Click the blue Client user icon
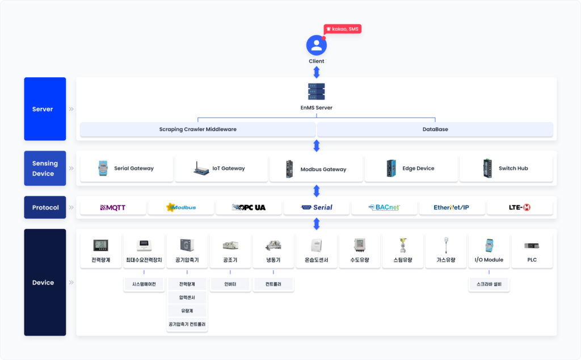(317, 45)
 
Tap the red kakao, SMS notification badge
(342, 29)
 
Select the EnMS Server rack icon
(317, 91)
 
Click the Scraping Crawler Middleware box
(198, 129)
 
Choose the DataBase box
(435, 129)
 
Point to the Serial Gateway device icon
(103, 168)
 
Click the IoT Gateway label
(229, 168)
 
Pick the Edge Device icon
(391, 168)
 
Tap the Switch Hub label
(513, 168)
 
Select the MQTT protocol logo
(113, 208)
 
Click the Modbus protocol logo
(181, 207)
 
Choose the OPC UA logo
(249, 207)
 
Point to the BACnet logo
(384, 207)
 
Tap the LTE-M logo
(520, 207)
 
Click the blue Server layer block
(45, 109)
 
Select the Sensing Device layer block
(45, 168)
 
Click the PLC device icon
(532, 245)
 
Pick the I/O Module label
(489, 260)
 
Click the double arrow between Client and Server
(317, 72)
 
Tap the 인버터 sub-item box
(230, 284)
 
